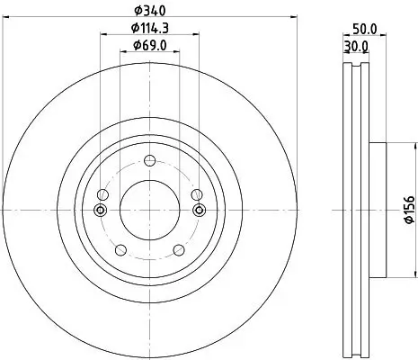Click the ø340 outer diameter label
point(149,11)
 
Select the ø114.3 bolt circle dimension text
point(149,29)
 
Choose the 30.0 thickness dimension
point(358,45)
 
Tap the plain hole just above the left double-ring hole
point(101,195)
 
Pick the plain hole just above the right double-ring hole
point(198,195)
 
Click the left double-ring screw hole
point(100,211)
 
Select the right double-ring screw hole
point(199,211)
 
